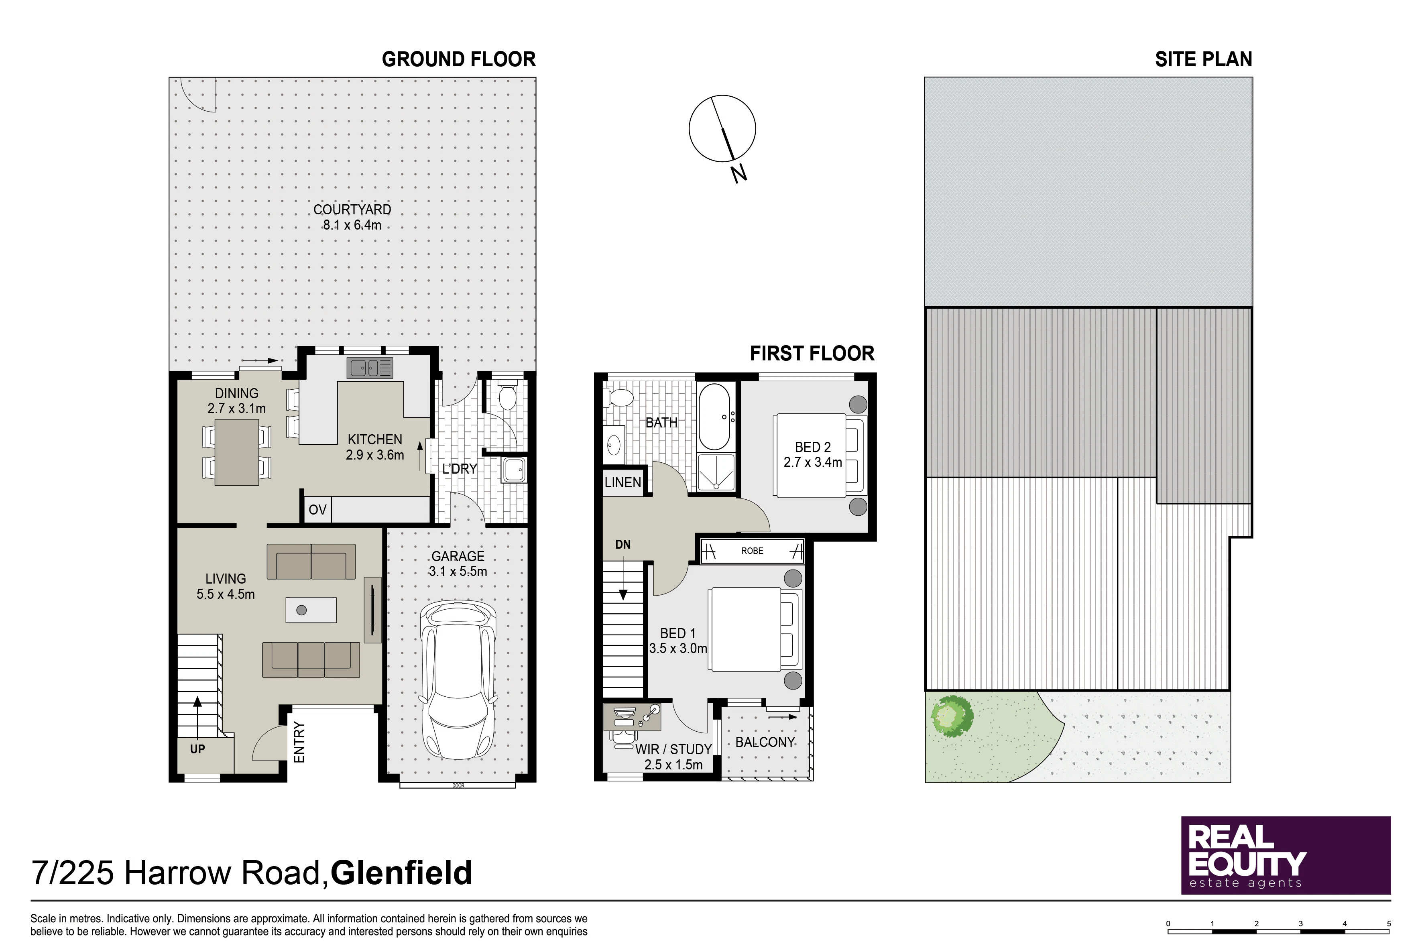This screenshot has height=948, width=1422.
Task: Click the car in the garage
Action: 458,679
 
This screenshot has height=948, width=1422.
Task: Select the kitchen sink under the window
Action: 369,368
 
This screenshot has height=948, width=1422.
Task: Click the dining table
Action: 236,452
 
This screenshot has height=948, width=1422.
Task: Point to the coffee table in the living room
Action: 311,610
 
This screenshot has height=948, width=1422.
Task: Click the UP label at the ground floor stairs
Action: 198,749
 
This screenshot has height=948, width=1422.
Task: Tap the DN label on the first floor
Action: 623,545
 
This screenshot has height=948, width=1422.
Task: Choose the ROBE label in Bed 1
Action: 752,551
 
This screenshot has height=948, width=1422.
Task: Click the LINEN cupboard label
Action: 623,482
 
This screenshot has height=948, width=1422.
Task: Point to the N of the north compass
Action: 739,174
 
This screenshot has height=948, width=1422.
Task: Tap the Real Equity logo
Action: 1286,856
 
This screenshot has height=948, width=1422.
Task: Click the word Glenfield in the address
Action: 401,873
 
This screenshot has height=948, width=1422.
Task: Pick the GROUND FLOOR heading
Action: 459,59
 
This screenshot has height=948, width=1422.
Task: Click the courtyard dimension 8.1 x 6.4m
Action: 352,225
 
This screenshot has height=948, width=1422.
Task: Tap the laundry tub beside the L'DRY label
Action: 514,470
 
